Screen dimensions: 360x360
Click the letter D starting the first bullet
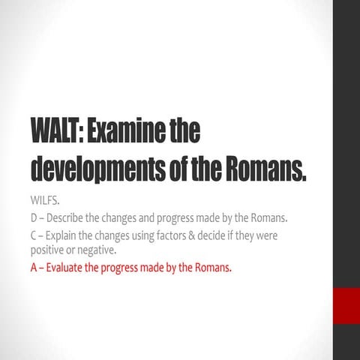point(34,218)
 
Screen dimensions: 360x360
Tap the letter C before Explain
point(34,237)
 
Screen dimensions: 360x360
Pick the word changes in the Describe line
point(132,218)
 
